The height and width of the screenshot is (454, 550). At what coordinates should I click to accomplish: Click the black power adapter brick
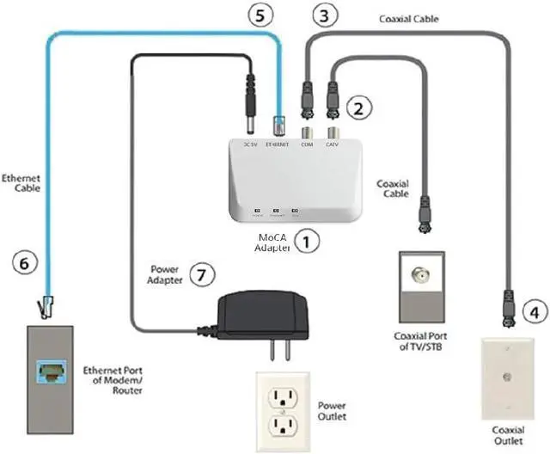[x=262, y=312]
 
